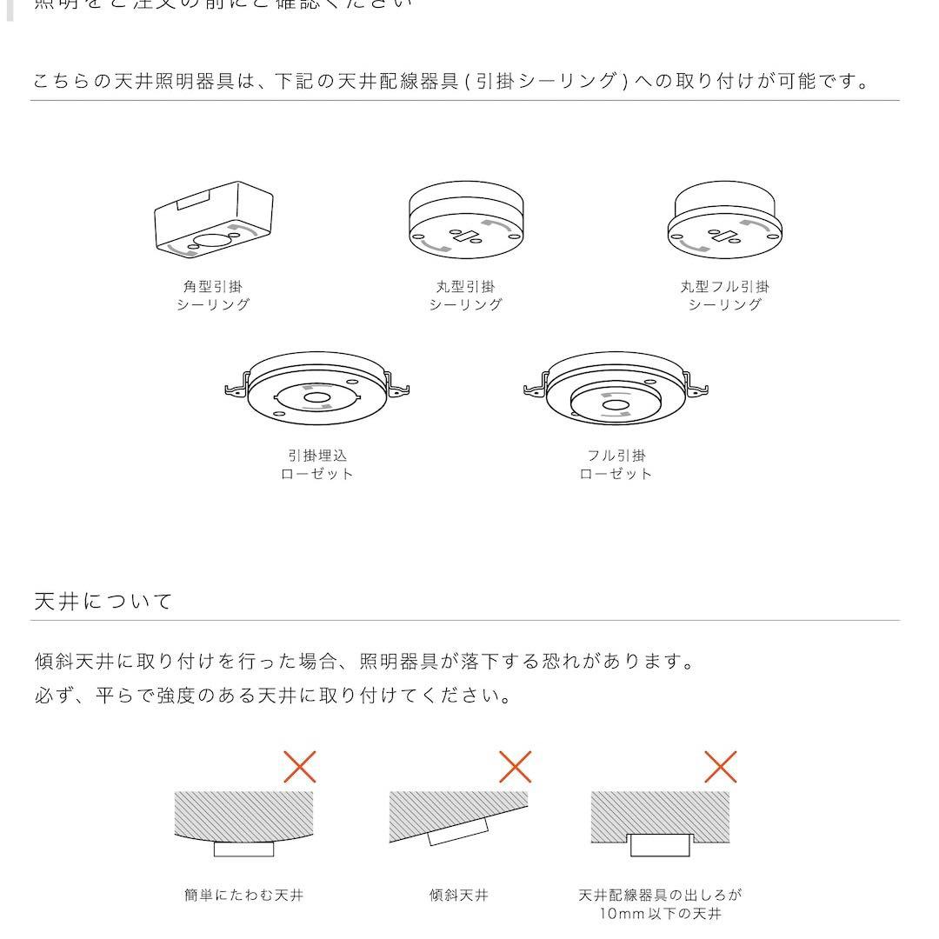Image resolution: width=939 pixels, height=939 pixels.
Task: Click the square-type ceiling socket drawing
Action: point(214,218)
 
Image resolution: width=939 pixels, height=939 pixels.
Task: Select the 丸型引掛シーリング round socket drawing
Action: point(466,220)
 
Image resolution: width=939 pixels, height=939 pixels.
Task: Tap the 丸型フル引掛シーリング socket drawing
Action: point(725,222)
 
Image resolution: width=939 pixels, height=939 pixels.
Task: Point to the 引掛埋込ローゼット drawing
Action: point(316,390)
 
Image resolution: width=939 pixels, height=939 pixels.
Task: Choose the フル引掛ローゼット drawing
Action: point(616,390)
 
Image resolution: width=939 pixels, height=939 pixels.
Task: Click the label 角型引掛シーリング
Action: point(213,296)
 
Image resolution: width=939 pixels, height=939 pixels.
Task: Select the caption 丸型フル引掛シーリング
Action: point(724,296)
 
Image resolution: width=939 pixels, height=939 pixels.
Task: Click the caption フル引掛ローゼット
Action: point(616,464)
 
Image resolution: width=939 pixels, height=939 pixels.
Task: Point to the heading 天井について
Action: point(103,601)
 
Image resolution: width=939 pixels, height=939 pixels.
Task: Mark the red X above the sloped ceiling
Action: point(515,767)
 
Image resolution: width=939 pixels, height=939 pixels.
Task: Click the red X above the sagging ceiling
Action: point(300,767)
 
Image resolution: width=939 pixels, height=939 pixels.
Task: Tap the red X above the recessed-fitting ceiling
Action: point(720,767)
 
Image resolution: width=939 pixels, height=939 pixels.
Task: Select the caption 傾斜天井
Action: point(458,895)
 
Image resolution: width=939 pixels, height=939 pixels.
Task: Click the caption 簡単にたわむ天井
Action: point(243,895)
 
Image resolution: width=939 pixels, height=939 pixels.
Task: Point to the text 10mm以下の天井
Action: point(660,914)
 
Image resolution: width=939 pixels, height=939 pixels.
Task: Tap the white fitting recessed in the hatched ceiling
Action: point(660,844)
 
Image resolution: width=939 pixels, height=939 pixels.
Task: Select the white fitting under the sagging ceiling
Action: point(243,849)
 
